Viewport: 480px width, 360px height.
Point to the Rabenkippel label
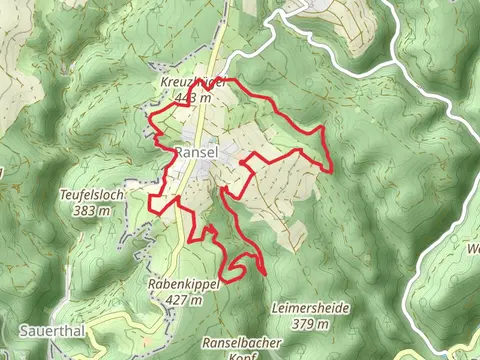[183, 284]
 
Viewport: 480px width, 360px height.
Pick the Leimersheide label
[310, 309]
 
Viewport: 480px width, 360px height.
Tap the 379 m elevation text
[310, 324]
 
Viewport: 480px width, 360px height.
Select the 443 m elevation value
[190, 97]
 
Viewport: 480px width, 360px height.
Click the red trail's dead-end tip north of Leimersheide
[265, 273]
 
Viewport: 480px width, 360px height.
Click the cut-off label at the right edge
[473, 248]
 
